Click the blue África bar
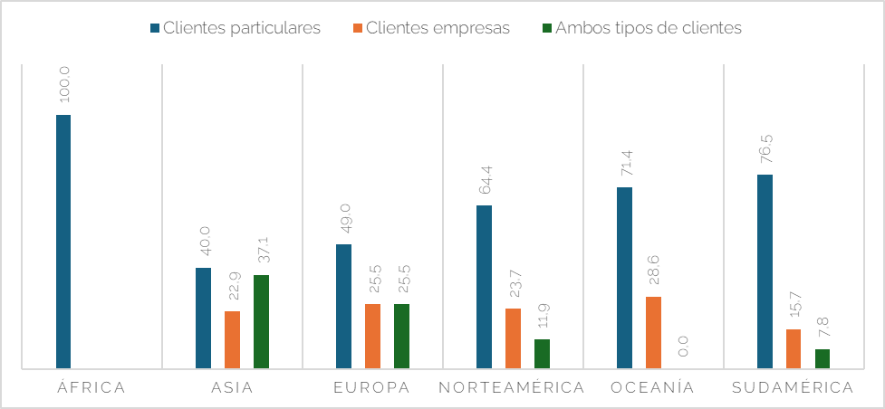click(x=63, y=242)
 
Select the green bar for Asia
click(x=261, y=321)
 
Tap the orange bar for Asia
click(x=232, y=339)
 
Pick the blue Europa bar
click(x=343, y=306)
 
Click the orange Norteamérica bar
click(x=513, y=338)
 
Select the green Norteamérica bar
click(x=542, y=354)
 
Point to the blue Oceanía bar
click(x=624, y=278)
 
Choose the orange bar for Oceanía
click(x=653, y=332)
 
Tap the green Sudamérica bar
click(x=822, y=358)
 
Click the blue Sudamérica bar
click(x=765, y=271)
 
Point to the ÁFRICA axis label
click(x=91, y=388)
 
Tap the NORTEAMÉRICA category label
click(x=512, y=388)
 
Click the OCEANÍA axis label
click(x=652, y=388)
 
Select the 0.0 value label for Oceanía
click(x=683, y=347)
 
